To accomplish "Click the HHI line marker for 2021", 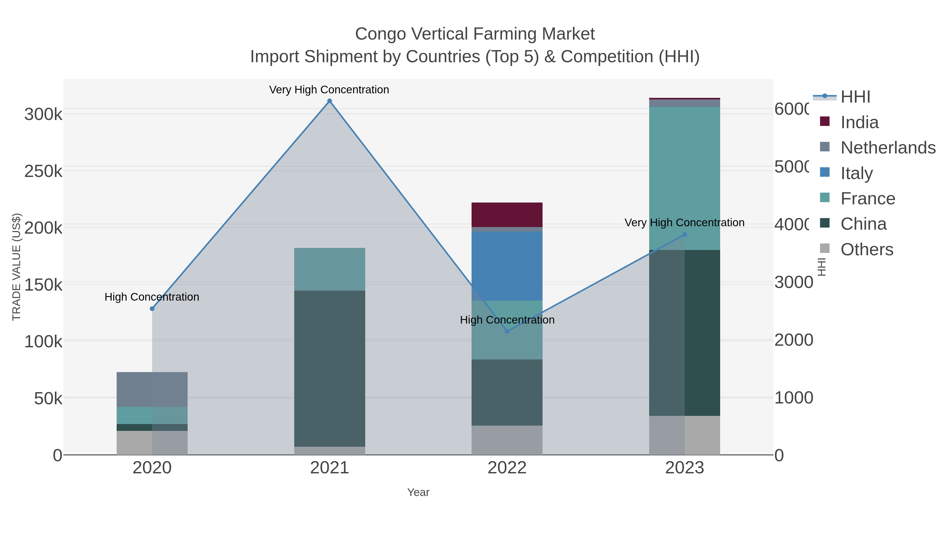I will (x=329, y=101).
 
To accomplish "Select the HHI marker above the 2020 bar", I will (x=152, y=309).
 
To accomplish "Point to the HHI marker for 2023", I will (x=685, y=234).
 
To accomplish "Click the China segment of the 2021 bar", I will (x=329, y=369).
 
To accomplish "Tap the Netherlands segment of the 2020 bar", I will (x=152, y=389).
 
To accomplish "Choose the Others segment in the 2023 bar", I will (x=685, y=435).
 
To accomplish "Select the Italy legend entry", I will (x=856, y=173).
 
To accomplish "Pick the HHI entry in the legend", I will (x=855, y=97).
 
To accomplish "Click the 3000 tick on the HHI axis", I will (x=793, y=282).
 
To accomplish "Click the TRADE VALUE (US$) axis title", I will (x=17, y=267).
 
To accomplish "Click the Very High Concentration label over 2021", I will (x=329, y=90).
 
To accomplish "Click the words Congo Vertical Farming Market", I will (x=475, y=34).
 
